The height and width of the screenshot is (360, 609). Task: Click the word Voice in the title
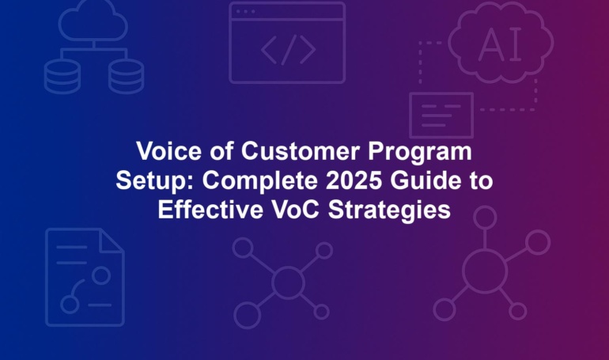[168, 150]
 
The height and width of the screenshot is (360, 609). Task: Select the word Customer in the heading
[300, 150]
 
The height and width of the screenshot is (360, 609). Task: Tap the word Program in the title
[420, 152]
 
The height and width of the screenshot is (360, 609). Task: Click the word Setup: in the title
[154, 181]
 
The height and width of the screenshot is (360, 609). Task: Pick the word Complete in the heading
[260, 181]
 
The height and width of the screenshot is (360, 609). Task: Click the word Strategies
[389, 211]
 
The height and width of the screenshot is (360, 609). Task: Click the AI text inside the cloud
[500, 44]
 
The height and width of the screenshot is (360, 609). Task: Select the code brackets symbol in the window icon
[288, 50]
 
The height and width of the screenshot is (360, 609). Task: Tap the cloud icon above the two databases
[93, 21]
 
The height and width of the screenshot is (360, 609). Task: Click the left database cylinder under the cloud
[62, 76]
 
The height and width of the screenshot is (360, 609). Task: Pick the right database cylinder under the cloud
[127, 76]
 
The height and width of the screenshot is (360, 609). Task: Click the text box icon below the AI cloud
[441, 115]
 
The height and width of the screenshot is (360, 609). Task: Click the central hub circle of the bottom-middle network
[288, 282]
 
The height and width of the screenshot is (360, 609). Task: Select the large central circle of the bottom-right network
[485, 271]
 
